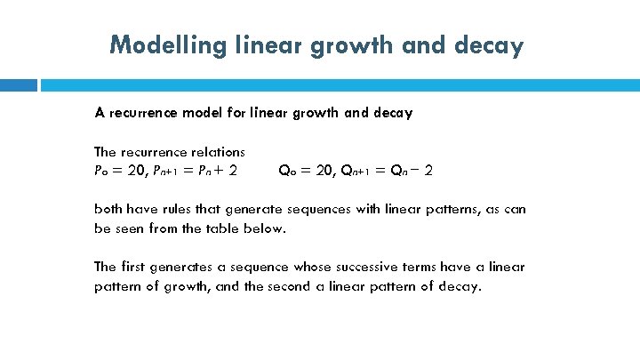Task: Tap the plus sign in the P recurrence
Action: point(219,170)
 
